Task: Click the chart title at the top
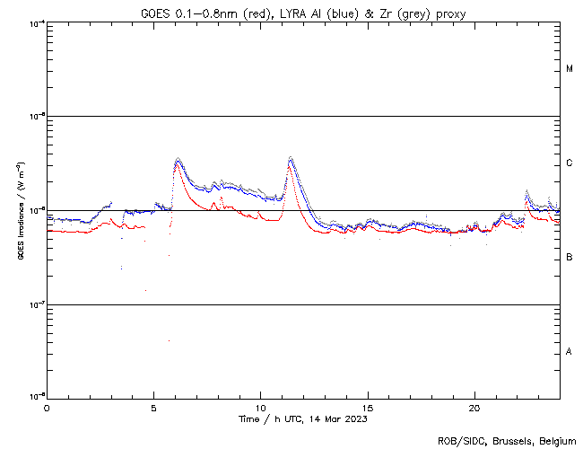pos(303,13)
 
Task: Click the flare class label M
pos(570,69)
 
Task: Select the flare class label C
pos(570,163)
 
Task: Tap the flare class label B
pos(570,258)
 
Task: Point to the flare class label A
pos(570,352)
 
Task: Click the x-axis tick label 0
pos(47,408)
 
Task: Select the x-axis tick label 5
pos(153,408)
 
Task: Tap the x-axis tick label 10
pos(260,408)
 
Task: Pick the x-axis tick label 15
pos(368,408)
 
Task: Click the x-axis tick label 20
pos(474,408)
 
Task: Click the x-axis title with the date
pos(303,418)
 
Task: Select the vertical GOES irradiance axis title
pos(20,211)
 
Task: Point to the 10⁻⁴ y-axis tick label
pos(37,22)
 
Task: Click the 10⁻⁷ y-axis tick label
pos(37,304)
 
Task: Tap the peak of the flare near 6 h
pos(178,159)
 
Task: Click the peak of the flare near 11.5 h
pos(291,159)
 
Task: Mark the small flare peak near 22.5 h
pos(526,191)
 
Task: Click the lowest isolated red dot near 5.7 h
pos(168,341)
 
